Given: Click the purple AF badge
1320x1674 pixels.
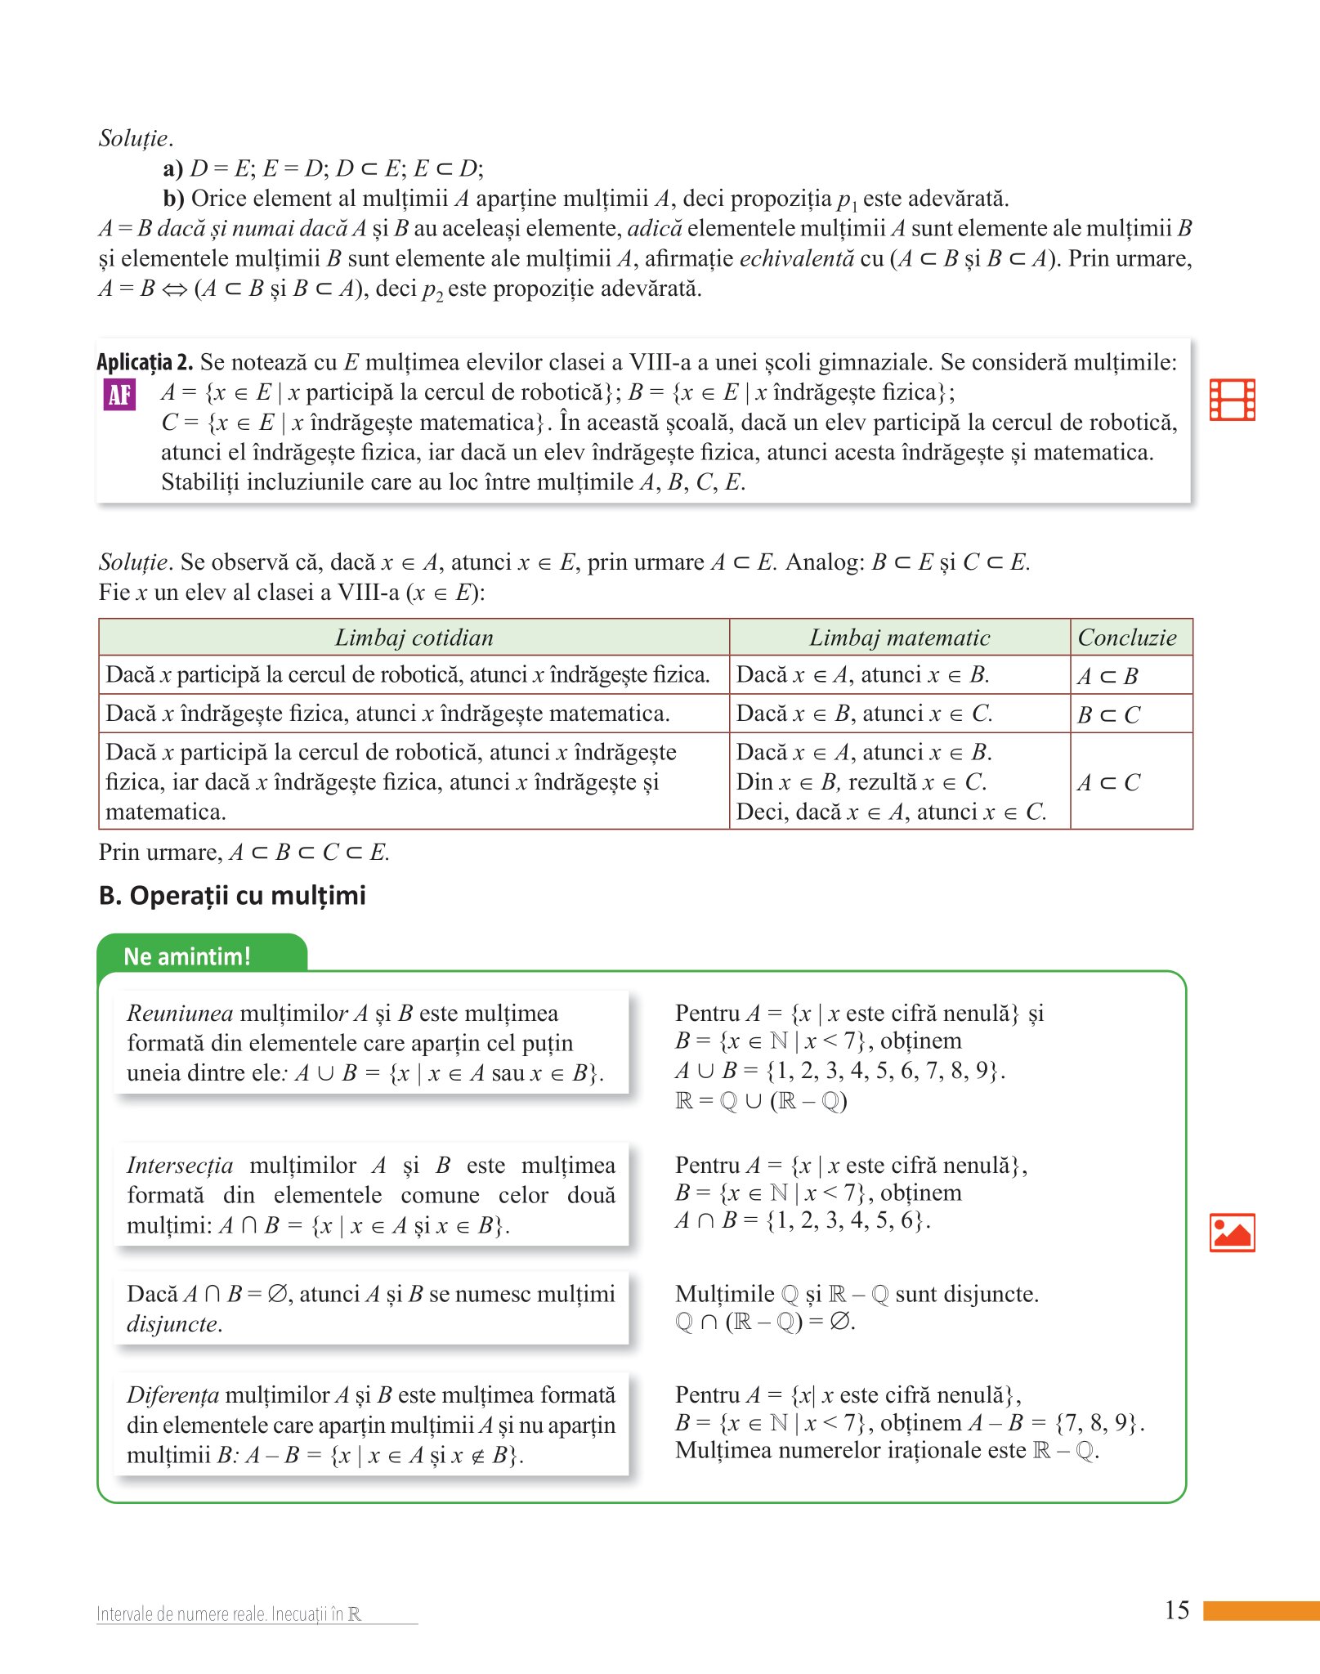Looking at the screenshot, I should tap(119, 395).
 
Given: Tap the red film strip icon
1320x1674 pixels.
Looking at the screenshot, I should tap(1232, 400).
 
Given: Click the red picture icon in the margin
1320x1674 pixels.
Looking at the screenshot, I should tap(1232, 1233).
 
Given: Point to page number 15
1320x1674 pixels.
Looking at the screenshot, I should tap(1177, 1610).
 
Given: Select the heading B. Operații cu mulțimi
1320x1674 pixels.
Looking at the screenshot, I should tap(232, 896).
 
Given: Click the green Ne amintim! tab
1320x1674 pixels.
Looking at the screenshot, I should tap(187, 956).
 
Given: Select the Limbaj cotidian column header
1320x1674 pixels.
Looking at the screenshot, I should tap(414, 638).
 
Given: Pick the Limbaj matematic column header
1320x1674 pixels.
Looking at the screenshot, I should tap(899, 638).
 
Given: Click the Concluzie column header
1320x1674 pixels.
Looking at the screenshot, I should tap(1127, 638).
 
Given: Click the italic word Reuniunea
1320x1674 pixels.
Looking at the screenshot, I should tap(180, 1014).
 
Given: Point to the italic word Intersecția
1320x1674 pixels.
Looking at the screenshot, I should tap(180, 1166).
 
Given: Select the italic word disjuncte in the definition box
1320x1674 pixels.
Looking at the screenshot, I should tap(173, 1324).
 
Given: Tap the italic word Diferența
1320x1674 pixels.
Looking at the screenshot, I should tap(172, 1395).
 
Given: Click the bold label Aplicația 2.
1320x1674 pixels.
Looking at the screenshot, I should tap(145, 362).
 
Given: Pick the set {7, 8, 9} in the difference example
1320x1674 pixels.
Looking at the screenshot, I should tap(1096, 1423).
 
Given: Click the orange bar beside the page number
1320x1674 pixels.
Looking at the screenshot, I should tap(1261, 1610).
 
